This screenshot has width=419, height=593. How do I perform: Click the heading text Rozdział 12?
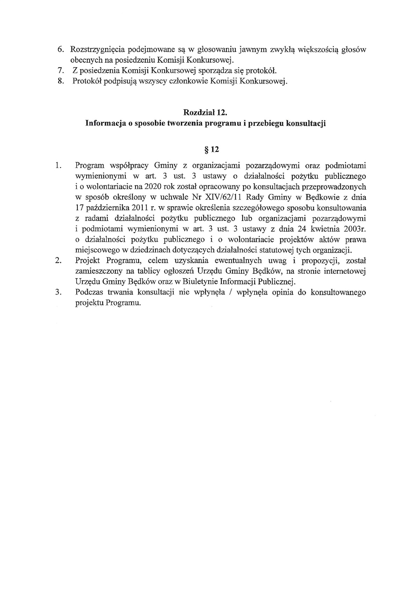[x=205, y=112]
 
